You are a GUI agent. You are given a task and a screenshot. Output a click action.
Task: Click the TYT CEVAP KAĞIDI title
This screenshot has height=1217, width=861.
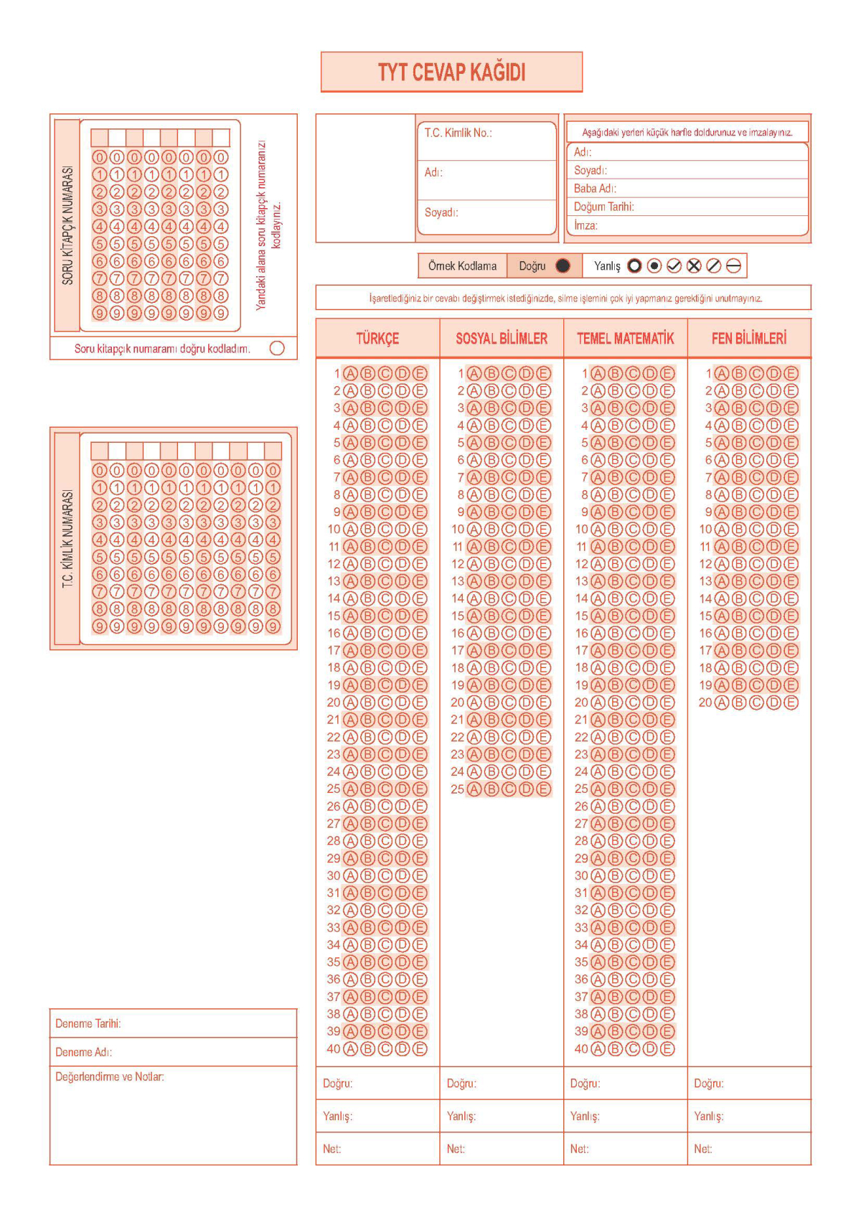[451, 72]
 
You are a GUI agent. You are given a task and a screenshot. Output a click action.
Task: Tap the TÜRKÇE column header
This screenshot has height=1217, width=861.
[377, 339]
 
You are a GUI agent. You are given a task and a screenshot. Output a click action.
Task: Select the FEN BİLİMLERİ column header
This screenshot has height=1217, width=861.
[748, 339]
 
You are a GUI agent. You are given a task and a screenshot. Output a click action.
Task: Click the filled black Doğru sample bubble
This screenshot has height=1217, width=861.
[563, 266]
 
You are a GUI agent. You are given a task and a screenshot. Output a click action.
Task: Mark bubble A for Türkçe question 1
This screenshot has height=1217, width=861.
[350, 373]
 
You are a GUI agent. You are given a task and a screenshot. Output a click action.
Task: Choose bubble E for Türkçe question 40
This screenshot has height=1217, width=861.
[420, 1049]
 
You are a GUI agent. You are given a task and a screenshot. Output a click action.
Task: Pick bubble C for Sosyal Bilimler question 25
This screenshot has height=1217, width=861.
[509, 789]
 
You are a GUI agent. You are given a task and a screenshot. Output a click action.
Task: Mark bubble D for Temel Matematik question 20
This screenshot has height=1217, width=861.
[650, 703]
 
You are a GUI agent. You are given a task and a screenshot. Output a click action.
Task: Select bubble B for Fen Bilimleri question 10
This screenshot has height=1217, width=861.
[739, 530]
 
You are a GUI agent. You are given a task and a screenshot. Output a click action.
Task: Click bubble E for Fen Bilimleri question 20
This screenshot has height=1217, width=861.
[791, 703]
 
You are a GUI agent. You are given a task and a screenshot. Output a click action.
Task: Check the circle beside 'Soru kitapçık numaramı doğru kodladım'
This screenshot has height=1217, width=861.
[277, 348]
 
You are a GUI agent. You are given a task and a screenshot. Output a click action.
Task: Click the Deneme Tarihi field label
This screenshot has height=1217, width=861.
[88, 1023]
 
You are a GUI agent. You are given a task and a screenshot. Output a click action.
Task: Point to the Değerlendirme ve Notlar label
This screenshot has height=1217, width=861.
[109, 1076]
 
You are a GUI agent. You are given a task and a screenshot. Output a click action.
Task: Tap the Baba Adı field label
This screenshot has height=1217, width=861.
[594, 188]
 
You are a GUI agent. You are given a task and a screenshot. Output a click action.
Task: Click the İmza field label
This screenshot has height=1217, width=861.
[585, 225]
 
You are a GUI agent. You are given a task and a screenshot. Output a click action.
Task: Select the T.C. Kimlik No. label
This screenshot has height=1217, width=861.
[457, 133]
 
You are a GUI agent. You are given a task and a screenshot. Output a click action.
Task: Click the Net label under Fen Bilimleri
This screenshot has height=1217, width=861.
[702, 1149]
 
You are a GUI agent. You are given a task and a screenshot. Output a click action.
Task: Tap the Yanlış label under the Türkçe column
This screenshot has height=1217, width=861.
[337, 1116]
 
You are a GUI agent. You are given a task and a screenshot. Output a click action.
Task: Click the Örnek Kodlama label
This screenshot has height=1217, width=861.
[462, 266]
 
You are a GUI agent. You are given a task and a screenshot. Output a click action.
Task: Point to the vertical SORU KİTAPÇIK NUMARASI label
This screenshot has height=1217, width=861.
[67, 225]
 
